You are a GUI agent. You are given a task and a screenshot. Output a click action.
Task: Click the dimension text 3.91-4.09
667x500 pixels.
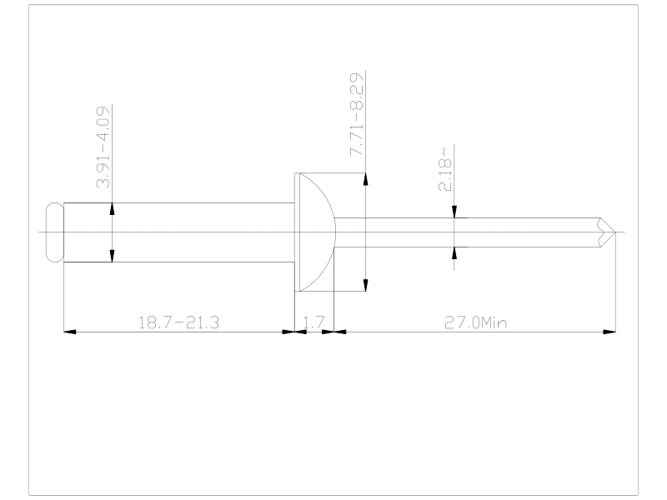103,147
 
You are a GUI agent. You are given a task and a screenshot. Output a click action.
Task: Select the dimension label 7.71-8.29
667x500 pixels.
357,115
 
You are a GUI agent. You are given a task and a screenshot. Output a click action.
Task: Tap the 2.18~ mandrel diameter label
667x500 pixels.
444,170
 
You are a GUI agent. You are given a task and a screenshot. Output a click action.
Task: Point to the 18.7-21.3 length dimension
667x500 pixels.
178,322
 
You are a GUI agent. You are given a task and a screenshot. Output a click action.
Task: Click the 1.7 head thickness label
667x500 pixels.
314,322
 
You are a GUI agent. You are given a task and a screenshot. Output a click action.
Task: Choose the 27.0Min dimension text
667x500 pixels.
475,322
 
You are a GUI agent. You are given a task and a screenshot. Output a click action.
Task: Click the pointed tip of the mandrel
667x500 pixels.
615,232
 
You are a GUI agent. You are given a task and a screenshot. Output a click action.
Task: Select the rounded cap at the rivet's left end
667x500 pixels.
54,232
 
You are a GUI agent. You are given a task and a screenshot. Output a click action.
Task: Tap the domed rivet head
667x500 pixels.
315,232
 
